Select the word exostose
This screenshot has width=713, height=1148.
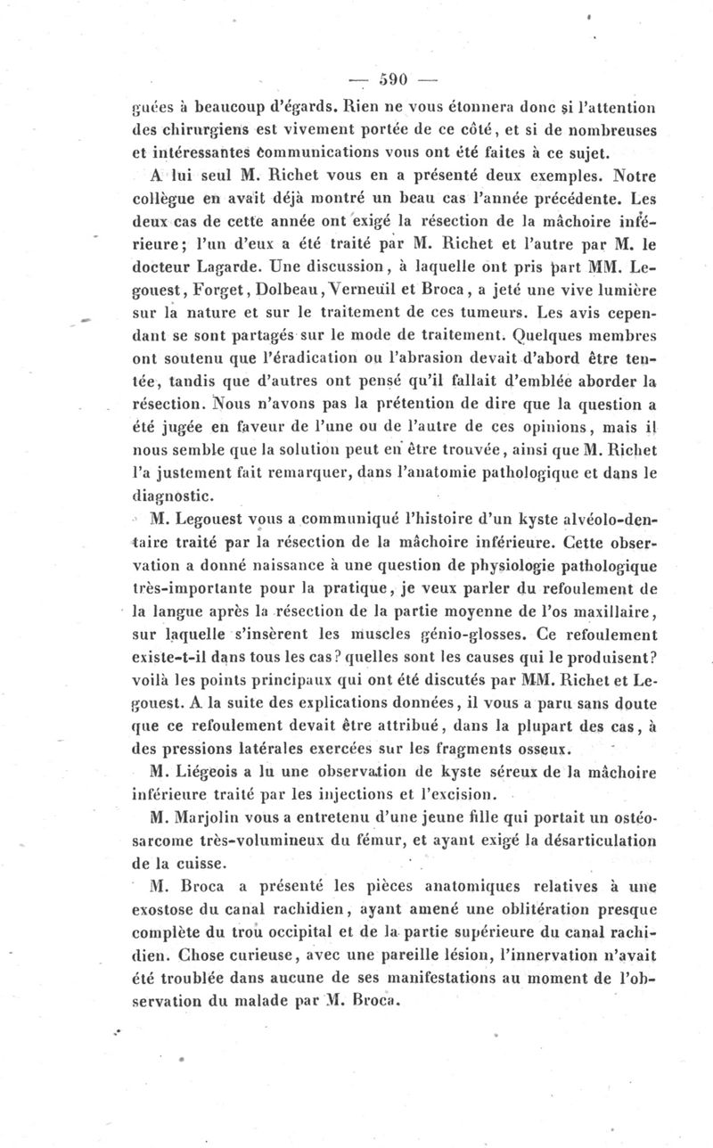(168, 910)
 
